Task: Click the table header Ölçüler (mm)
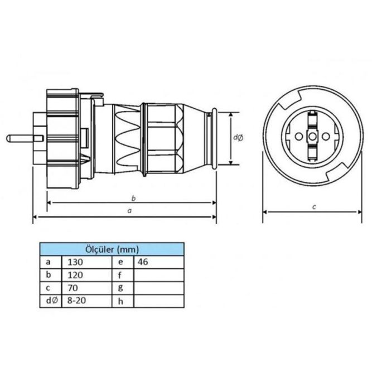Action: click(112, 249)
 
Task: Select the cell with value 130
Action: click(87, 262)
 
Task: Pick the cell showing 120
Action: click(87, 275)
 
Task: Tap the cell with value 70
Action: click(87, 288)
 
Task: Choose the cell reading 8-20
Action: click(87, 301)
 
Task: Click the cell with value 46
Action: click(159, 262)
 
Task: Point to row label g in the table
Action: click(120, 288)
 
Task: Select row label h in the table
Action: click(120, 301)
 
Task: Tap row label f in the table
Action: click(120, 275)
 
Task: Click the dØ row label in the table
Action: click(52, 301)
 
